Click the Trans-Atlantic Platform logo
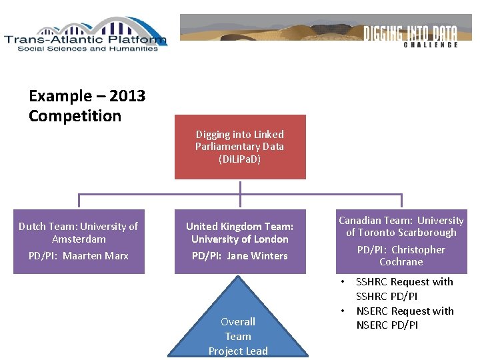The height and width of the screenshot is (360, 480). (85, 35)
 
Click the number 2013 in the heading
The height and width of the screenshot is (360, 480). (127, 96)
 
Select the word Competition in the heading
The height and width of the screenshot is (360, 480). (75, 116)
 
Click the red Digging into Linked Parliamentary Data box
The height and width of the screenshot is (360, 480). (240, 147)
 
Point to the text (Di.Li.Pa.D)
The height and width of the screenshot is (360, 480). (239, 159)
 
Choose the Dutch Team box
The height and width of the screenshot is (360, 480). (79, 241)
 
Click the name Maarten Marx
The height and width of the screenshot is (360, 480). (95, 255)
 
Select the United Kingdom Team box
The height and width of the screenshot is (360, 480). (240, 241)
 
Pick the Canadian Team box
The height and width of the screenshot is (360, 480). (401, 241)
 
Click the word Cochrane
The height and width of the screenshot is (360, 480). (401, 262)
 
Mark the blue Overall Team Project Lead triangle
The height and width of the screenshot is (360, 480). (238, 327)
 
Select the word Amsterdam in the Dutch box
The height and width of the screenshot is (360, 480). (79, 239)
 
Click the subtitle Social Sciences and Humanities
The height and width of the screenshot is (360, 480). (88, 49)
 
